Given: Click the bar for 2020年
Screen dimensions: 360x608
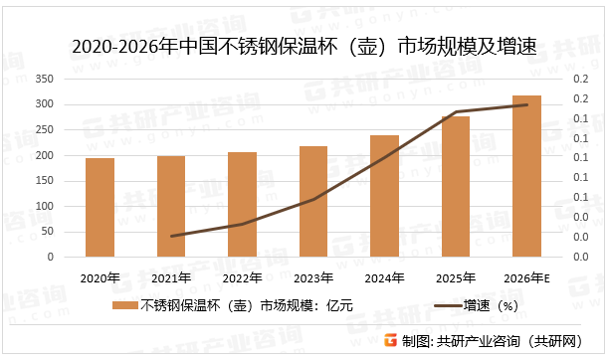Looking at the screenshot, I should point(100,207).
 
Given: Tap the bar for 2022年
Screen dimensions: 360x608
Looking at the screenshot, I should point(242,204).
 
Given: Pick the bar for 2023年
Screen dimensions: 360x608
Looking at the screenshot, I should point(313,201).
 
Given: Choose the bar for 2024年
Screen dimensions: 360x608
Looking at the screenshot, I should point(384,196).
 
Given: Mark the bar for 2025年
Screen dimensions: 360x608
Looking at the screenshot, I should point(456,186).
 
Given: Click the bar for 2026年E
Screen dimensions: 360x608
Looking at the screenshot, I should point(526,176).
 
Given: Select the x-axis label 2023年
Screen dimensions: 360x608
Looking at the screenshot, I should point(313,277).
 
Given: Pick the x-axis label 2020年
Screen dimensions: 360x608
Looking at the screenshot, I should point(100,277).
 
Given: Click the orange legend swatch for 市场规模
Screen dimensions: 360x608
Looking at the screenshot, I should point(124,305).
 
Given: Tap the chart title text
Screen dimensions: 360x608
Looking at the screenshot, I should point(304,47).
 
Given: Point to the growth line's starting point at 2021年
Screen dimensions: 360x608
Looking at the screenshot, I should point(171,236).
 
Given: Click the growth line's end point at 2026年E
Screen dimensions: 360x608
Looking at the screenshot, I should point(526,104).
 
